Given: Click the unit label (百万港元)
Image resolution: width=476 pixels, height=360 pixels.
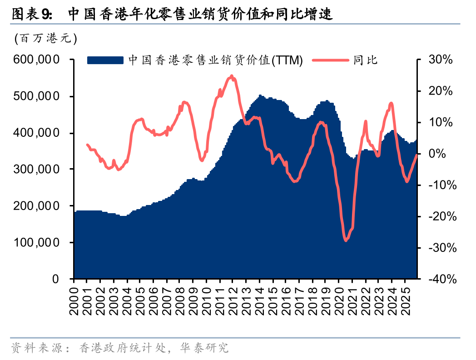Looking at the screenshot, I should point(45,39).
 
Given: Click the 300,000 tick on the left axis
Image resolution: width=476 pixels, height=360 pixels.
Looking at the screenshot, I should point(36,169).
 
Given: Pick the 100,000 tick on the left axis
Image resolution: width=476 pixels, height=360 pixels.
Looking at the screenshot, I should point(36,242).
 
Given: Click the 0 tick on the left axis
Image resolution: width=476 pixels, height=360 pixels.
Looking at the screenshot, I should point(55,279).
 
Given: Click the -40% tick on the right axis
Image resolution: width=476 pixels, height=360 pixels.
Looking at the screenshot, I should point(438,279).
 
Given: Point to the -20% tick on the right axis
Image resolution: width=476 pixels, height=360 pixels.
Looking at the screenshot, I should point(438,216).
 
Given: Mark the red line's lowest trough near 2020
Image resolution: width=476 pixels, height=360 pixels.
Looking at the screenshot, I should point(346,240).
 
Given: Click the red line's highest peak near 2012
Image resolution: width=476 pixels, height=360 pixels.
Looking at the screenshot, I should point(232,76).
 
